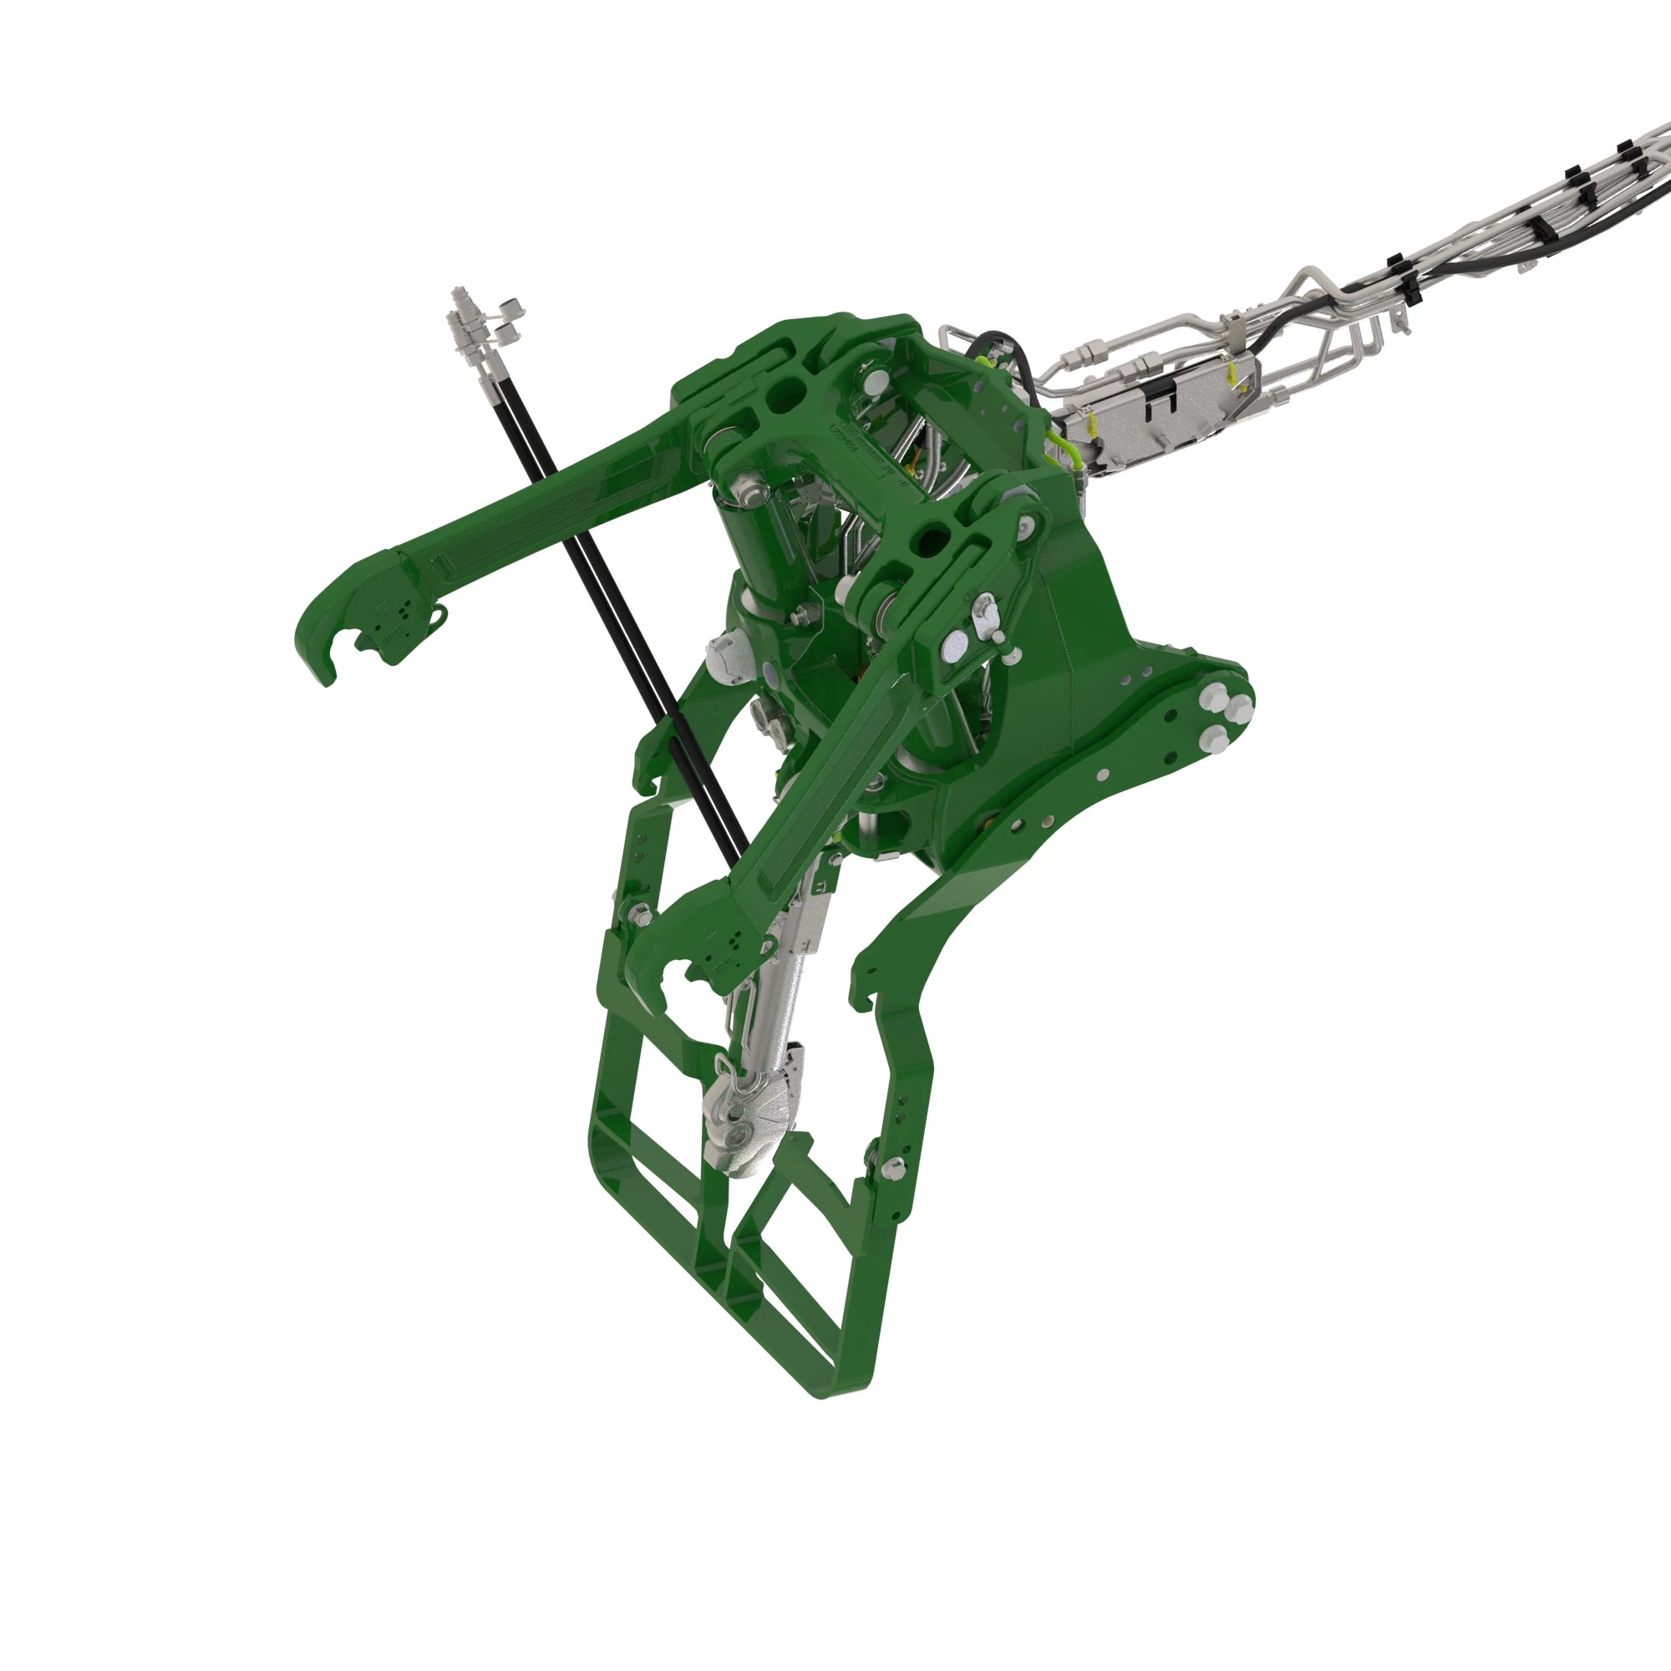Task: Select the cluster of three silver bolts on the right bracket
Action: (1220, 714)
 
